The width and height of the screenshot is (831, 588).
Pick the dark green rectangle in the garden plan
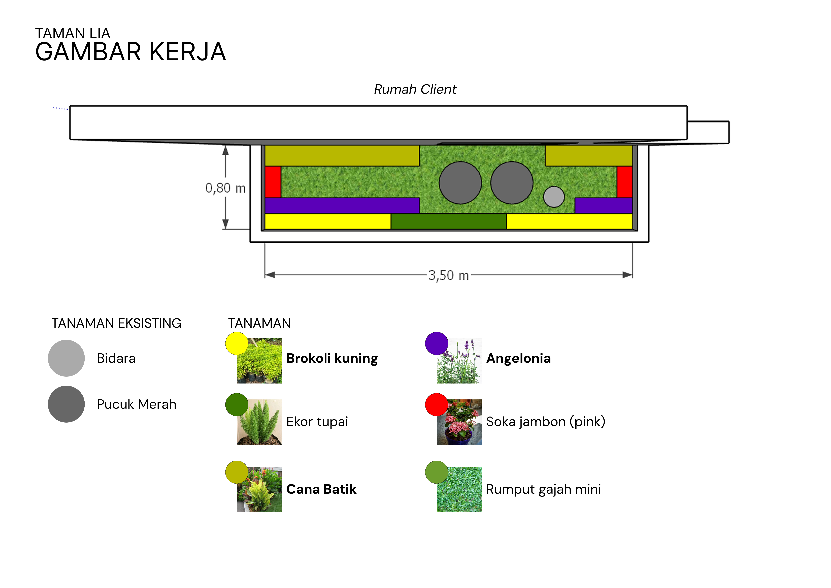448,221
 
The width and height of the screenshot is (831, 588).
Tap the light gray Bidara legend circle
66,358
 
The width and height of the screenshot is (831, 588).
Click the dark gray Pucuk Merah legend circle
66,404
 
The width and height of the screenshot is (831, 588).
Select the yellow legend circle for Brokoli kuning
237,343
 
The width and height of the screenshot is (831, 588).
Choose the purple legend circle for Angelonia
437,343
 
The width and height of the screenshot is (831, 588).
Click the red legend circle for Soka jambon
437,404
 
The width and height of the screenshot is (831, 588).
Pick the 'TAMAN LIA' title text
72,33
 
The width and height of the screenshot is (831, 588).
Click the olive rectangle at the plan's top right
588,156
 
